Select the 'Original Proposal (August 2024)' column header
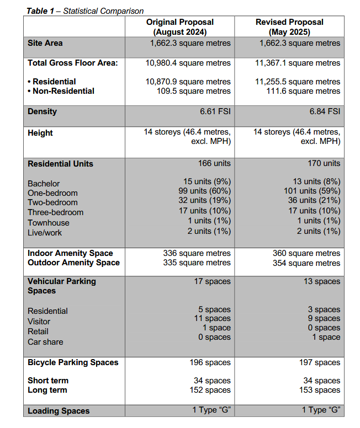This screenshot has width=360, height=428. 179,27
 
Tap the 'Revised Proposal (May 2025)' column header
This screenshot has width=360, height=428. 289,27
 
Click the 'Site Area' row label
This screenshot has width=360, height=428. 45,43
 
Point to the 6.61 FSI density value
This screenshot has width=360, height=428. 215,111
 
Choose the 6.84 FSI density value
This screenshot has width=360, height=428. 325,111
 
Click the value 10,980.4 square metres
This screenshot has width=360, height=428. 188,63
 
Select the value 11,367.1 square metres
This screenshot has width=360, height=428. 298,63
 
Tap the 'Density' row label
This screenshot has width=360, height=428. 43,111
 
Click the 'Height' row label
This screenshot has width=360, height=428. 40,133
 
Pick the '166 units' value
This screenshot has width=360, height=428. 214,163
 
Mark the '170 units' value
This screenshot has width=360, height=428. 324,163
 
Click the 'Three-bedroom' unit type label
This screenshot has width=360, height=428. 56,212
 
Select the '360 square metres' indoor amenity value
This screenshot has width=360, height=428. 306,253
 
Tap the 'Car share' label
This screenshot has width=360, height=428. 45,342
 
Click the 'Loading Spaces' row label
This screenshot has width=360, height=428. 59,411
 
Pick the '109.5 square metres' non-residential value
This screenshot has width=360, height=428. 193,91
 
